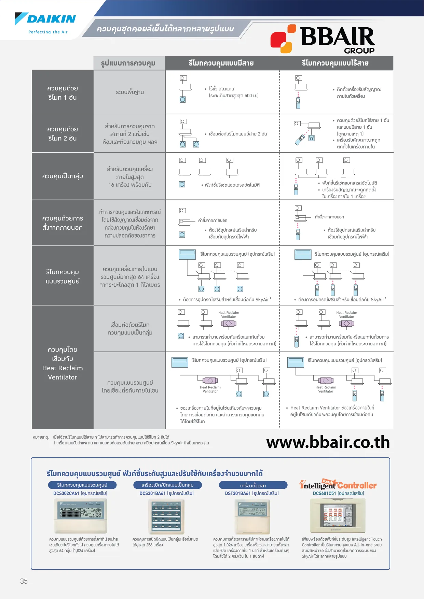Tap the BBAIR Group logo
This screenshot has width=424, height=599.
323,40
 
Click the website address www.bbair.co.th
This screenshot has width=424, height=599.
328,442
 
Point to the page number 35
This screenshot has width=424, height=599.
24,581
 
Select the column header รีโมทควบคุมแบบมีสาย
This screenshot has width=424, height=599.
221,63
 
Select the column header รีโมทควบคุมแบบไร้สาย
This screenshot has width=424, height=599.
335,63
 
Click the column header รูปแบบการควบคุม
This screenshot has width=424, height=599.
128,63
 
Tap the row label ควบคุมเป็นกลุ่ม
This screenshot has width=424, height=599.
63,176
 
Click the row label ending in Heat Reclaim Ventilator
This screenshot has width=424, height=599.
63,363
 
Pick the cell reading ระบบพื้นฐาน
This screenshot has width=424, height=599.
130,92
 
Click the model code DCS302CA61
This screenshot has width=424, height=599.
66,493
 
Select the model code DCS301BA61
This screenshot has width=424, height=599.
152,493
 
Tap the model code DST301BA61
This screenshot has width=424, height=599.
238,493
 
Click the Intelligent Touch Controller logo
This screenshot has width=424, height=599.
338,485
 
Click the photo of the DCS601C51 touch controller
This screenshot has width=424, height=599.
338,515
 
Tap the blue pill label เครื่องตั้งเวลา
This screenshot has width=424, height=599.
253,485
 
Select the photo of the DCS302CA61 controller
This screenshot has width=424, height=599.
81,515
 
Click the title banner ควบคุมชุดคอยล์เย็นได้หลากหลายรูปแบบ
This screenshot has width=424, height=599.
165,29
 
